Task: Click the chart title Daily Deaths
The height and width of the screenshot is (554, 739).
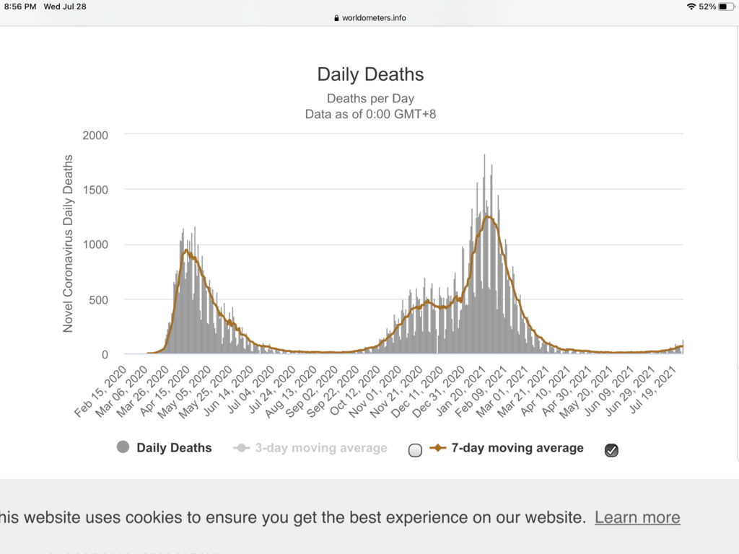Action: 370,74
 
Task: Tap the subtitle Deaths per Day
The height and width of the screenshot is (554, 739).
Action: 370,98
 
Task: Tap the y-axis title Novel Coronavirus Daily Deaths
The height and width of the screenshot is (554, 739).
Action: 69,243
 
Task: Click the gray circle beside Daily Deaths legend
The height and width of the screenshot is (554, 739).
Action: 123,448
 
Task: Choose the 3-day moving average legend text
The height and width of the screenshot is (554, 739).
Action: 321,448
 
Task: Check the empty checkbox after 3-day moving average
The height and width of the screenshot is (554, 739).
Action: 415,450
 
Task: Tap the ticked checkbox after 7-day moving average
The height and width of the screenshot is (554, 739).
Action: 611,450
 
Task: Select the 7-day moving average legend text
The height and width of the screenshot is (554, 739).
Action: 517,448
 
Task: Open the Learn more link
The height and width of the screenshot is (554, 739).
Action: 637,517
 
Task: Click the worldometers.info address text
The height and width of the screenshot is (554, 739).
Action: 374,18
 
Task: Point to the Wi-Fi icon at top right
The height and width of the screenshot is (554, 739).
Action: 691,6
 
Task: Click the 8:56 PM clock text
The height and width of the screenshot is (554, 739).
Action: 19,6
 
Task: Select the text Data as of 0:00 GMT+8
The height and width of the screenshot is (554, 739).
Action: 370,113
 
